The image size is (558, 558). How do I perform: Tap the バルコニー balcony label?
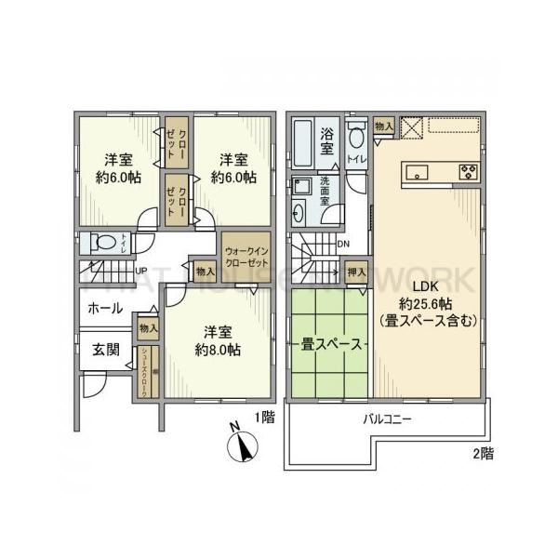pos(387,419)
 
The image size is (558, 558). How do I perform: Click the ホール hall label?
pos(104,309)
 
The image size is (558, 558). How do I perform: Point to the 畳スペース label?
pos(330,344)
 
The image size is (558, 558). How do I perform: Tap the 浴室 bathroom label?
pos(327,139)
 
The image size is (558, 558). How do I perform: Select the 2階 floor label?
pos(481,454)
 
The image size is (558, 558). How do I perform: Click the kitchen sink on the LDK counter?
pos(415,171)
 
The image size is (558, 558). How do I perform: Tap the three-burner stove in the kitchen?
pos(467,171)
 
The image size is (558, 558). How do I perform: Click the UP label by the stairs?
pos(142,272)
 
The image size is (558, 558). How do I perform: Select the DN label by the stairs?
pos(343,245)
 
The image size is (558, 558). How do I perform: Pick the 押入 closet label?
pos(356,272)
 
